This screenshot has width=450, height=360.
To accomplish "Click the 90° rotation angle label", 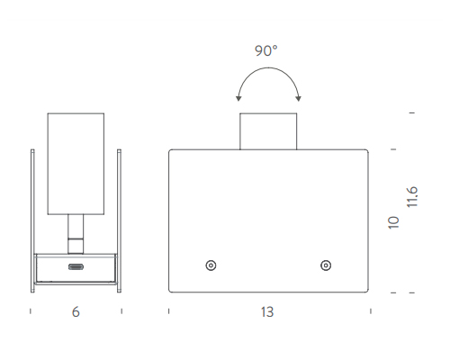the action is pyautogui.click(x=266, y=50).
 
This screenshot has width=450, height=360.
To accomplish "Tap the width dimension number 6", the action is pyautogui.click(x=76, y=312).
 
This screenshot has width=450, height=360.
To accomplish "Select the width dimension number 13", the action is pyautogui.click(x=267, y=312).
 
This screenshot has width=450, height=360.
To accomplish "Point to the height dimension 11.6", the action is pyautogui.click(x=412, y=197).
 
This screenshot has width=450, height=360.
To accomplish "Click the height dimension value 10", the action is pyautogui.click(x=393, y=222).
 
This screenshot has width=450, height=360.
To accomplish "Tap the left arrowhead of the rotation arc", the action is pyautogui.click(x=238, y=98).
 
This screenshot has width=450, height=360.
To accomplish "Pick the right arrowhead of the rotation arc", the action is pyautogui.click(x=299, y=98).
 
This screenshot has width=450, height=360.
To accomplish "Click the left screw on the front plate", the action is pyautogui.click(x=211, y=265).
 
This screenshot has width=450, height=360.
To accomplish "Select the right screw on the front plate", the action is pyautogui.click(x=326, y=265).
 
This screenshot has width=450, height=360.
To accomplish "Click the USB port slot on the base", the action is pyautogui.click(x=76, y=267).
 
